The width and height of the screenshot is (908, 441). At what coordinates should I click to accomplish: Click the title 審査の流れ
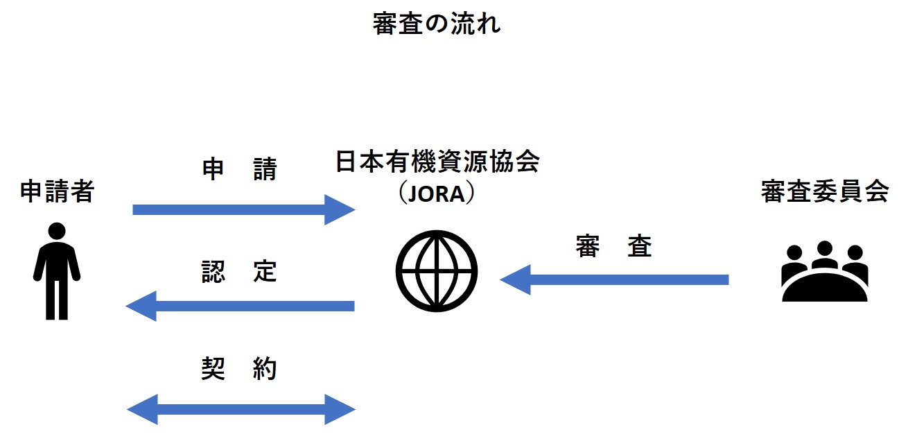[x=436, y=24]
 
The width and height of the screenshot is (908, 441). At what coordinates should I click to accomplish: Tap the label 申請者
[x=57, y=191]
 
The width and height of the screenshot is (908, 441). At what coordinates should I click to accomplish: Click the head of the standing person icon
[x=57, y=231]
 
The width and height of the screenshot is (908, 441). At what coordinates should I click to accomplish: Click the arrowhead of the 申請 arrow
[x=340, y=209]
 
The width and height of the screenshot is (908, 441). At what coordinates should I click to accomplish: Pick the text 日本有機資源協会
[x=437, y=163]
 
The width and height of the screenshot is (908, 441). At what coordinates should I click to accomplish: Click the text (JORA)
[x=437, y=193]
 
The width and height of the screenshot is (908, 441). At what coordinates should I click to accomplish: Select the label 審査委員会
[x=824, y=192]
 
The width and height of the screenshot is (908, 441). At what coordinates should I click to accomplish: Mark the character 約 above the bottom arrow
[x=265, y=369]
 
